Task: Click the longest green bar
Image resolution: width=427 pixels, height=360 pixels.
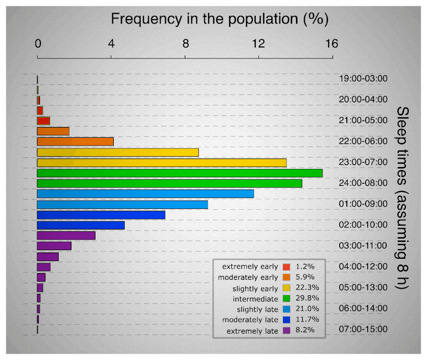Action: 179,173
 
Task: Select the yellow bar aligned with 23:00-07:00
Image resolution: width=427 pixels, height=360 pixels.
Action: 162,163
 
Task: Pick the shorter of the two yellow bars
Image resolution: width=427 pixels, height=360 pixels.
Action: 118,152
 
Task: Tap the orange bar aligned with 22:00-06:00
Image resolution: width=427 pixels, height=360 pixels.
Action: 75,142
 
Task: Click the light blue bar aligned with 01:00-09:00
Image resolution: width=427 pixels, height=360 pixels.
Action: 122,204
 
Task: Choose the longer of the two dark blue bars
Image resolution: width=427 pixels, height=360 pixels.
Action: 101,215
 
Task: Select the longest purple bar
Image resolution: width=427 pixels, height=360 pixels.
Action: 66,236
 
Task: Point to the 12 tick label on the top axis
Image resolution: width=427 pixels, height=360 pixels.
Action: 259,44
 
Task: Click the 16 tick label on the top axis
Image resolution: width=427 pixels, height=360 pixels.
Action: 332,44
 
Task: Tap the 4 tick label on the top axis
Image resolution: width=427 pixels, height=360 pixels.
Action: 111,44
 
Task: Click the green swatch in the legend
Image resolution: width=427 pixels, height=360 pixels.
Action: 286,299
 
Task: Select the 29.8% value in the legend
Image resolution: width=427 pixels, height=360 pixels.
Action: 305,299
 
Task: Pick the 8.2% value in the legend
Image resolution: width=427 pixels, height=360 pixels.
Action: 305,330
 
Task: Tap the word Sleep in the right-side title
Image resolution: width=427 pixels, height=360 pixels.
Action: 403,121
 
